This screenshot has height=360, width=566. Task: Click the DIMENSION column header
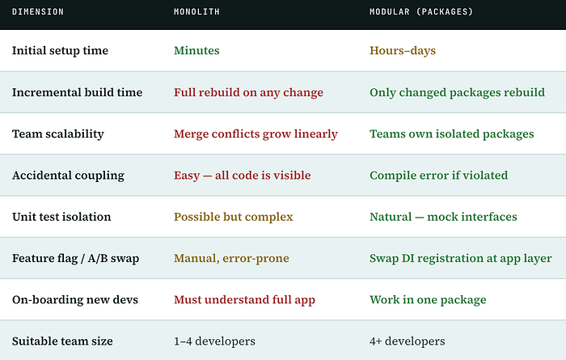38,11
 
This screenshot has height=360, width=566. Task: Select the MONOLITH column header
196,11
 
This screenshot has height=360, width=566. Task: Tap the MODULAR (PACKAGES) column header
421,11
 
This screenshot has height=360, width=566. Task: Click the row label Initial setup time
60,50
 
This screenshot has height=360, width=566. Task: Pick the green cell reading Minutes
196,50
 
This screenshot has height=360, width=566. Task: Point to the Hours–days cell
403,50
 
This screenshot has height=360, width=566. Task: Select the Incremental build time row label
78,92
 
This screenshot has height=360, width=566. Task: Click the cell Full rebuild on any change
248,92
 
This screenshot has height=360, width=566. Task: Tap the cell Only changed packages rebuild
457,92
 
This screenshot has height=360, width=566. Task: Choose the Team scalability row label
57,134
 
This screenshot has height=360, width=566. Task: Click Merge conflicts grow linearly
256,134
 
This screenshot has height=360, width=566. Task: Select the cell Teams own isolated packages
451,134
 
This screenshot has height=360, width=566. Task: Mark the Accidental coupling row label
68,176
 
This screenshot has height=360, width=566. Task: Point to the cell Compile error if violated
438,176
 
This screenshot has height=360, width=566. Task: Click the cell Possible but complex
233,217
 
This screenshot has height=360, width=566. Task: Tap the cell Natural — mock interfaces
443,217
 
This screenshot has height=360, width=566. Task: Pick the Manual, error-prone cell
231,258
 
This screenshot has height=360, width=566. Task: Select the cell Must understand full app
244,299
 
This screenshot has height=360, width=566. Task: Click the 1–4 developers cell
214,341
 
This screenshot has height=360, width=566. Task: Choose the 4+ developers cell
408,341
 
